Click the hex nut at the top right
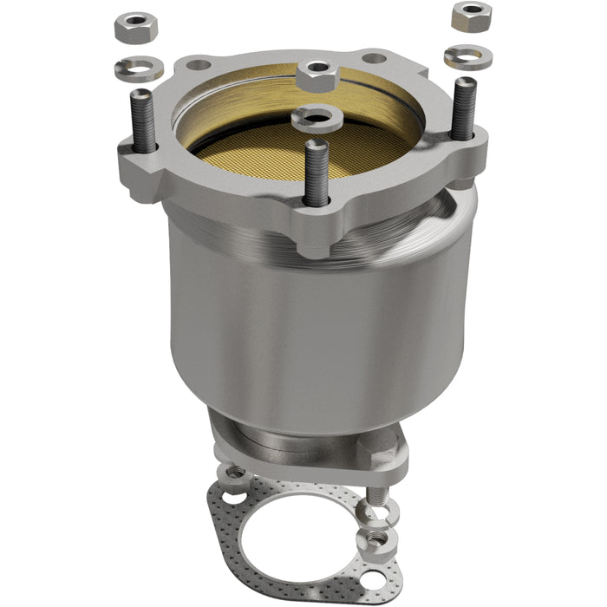point(471,15)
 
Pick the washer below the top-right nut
point(467,57)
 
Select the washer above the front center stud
point(317,117)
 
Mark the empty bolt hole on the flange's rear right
point(375,58)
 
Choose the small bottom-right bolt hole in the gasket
point(373,578)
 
